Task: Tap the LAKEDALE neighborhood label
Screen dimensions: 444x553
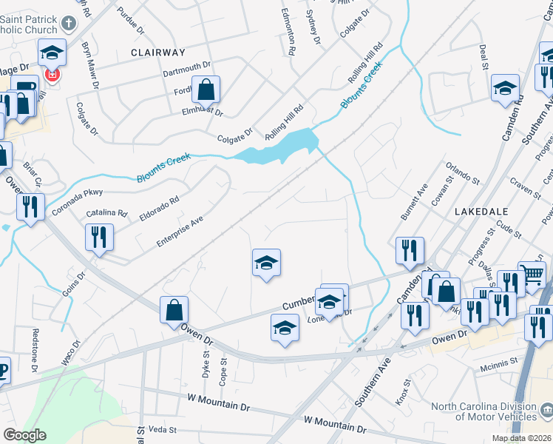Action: (x=481, y=211)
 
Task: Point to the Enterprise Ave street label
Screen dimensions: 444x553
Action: (x=180, y=232)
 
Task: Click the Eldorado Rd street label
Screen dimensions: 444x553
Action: (x=159, y=209)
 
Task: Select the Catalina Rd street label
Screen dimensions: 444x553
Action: (x=102, y=213)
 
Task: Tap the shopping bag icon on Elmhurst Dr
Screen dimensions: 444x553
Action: (x=206, y=90)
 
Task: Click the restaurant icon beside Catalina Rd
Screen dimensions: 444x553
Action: (x=99, y=237)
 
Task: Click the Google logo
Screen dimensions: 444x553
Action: (x=24, y=435)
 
